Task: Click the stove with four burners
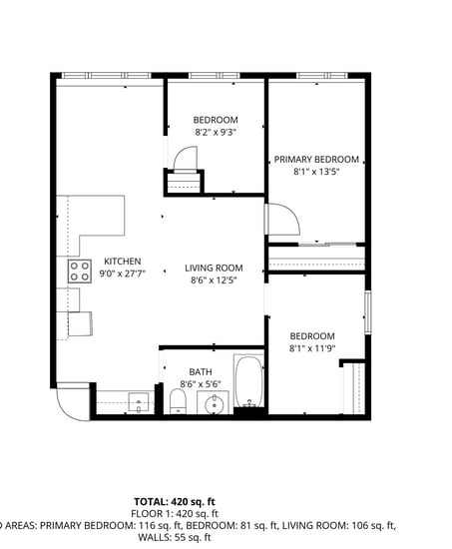[x=79, y=271]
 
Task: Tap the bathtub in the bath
[x=248, y=383]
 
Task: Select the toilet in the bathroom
[x=179, y=401]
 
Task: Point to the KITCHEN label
[x=122, y=262]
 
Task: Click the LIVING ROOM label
[x=215, y=268]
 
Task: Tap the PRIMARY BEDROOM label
[x=316, y=160]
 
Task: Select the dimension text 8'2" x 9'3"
[x=216, y=132]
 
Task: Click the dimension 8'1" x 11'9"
[x=312, y=348]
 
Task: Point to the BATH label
[x=200, y=372]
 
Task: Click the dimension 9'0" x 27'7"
[x=123, y=274]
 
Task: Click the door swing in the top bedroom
[x=187, y=158]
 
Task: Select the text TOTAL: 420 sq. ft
[x=175, y=501]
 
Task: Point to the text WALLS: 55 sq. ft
[x=175, y=538]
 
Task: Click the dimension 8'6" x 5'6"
[x=200, y=384]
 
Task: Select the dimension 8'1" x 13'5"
[x=316, y=172]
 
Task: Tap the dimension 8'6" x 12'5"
[x=215, y=280]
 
